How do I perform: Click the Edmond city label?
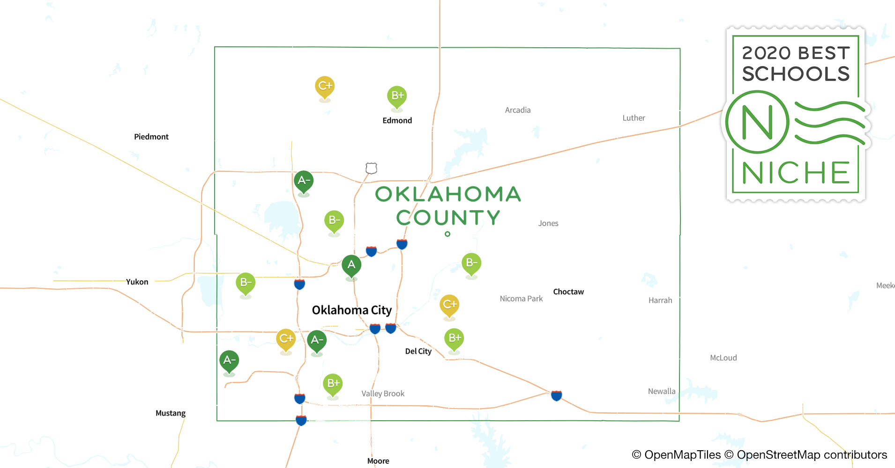click(397, 120)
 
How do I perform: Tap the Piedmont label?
click(151, 137)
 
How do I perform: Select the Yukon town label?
click(137, 282)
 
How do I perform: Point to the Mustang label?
click(171, 413)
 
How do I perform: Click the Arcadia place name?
click(518, 110)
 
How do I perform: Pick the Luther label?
click(634, 118)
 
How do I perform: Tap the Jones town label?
click(548, 223)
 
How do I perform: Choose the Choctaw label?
click(568, 292)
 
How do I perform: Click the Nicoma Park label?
click(521, 299)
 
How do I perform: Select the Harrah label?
click(660, 300)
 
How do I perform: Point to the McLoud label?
click(723, 358)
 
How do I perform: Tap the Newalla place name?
click(662, 391)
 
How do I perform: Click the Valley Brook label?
click(383, 394)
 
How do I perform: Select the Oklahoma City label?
click(351, 310)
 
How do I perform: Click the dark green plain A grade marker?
click(351, 265)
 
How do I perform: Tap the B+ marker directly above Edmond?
click(397, 96)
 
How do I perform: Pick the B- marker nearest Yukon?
click(246, 283)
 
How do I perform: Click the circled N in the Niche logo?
click(757, 122)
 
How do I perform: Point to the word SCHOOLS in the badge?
click(796, 74)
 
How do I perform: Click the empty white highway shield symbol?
click(371, 168)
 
